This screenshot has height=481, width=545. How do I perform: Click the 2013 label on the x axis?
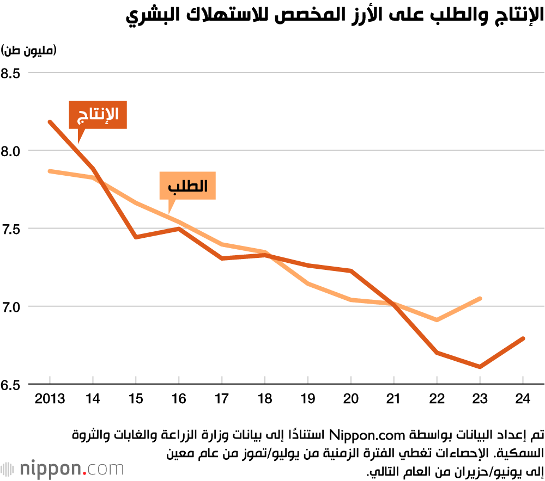[x=50, y=399]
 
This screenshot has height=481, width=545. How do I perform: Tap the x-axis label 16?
[x=179, y=399]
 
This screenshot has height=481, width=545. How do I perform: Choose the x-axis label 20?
[x=351, y=399]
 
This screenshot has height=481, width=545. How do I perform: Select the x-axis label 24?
[x=523, y=399]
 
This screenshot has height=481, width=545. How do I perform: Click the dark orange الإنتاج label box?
[x=98, y=115]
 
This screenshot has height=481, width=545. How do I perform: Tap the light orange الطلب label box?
[x=188, y=186]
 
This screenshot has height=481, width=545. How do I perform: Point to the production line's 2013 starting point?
[x=50, y=122]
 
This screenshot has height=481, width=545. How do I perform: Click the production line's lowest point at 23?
[x=480, y=367]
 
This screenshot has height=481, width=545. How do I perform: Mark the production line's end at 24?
[x=523, y=338]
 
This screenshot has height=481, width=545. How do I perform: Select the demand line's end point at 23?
[x=480, y=298]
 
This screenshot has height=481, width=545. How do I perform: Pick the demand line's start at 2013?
[x=50, y=171]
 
